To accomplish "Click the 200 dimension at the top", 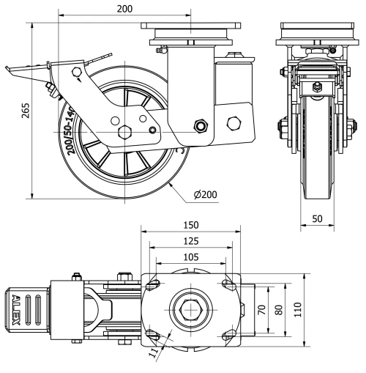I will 124,8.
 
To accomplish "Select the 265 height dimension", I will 26,111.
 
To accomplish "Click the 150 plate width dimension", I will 191,226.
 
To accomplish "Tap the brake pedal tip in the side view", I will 9,71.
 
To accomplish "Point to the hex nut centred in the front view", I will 316,89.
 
